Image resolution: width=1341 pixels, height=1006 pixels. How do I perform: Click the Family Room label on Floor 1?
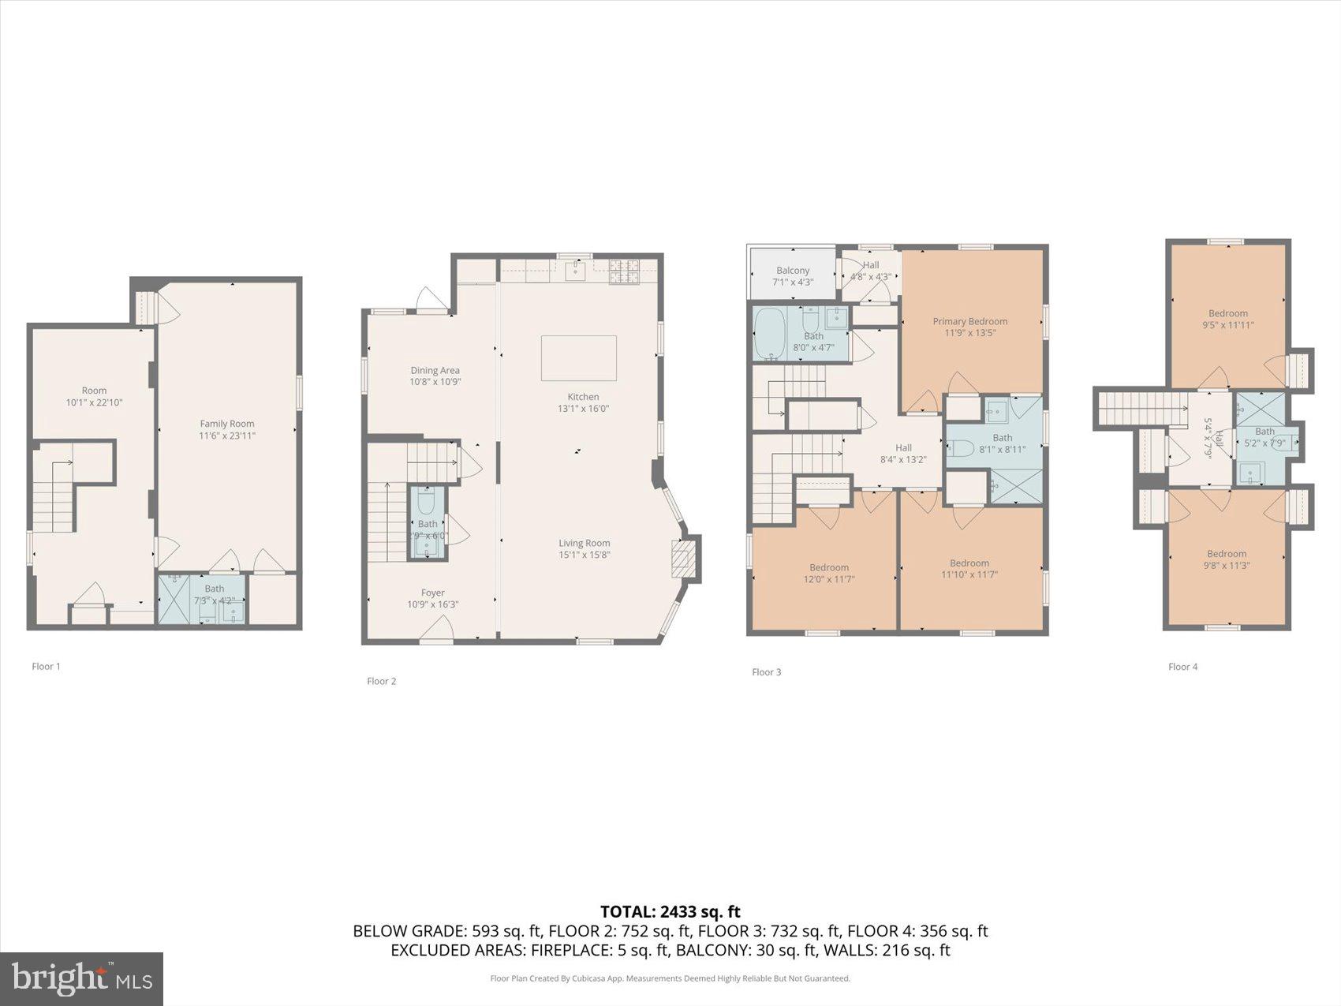[227, 424]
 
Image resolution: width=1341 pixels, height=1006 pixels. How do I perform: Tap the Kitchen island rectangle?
[578, 357]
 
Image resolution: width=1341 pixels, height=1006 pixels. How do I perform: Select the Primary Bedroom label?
[969, 321]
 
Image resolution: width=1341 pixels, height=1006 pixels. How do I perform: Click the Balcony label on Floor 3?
[793, 271]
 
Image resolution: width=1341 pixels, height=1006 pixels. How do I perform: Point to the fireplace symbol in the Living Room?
[682, 560]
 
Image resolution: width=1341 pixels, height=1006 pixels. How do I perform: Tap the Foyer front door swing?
[436, 629]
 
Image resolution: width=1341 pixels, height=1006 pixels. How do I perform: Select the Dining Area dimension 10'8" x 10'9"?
[435, 382]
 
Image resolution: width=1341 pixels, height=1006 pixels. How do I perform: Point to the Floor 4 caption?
[1182, 667]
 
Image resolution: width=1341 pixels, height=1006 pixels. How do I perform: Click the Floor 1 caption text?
[46, 667]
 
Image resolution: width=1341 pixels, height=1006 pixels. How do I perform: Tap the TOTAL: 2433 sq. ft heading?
[670, 912]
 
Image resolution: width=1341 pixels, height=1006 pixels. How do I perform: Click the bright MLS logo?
[82, 979]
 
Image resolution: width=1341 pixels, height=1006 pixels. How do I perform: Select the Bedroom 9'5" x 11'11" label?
[1227, 313]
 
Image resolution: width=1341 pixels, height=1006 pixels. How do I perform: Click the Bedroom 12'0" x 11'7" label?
[828, 567]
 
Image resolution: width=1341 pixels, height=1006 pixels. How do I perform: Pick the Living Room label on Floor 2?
[584, 543]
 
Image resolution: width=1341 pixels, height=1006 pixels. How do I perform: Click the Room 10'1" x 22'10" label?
[94, 391]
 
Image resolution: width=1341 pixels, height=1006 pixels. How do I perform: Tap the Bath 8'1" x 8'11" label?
[1002, 438]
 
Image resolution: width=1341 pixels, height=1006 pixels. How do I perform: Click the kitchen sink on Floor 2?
[576, 271]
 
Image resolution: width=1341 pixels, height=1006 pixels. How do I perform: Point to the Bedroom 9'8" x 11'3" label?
[1226, 554]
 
